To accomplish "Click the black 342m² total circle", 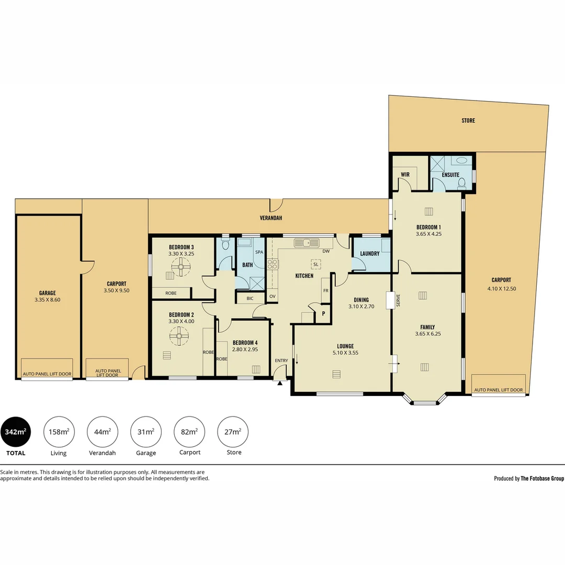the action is [x=16, y=432].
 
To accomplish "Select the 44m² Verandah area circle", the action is [x=103, y=432].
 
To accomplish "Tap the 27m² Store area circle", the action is [x=233, y=432].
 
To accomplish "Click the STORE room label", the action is [x=468, y=121].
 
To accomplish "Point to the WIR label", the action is [x=405, y=175].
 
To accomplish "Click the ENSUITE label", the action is [x=450, y=175].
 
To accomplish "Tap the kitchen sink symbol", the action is [x=307, y=243].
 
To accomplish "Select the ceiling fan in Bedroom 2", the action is [x=179, y=336].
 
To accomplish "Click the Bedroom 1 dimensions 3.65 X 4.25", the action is [x=428, y=234].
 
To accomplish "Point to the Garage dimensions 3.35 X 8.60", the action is [x=47, y=300].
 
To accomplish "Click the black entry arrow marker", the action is [x=279, y=383].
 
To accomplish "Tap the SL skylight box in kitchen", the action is [x=315, y=265].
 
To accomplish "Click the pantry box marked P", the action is [x=323, y=314].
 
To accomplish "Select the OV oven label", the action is [x=273, y=297].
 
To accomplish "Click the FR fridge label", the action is [x=326, y=291].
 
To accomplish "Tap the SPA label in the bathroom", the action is [x=259, y=252].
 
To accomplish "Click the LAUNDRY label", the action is [x=370, y=254].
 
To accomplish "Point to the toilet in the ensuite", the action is [x=461, y=184].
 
